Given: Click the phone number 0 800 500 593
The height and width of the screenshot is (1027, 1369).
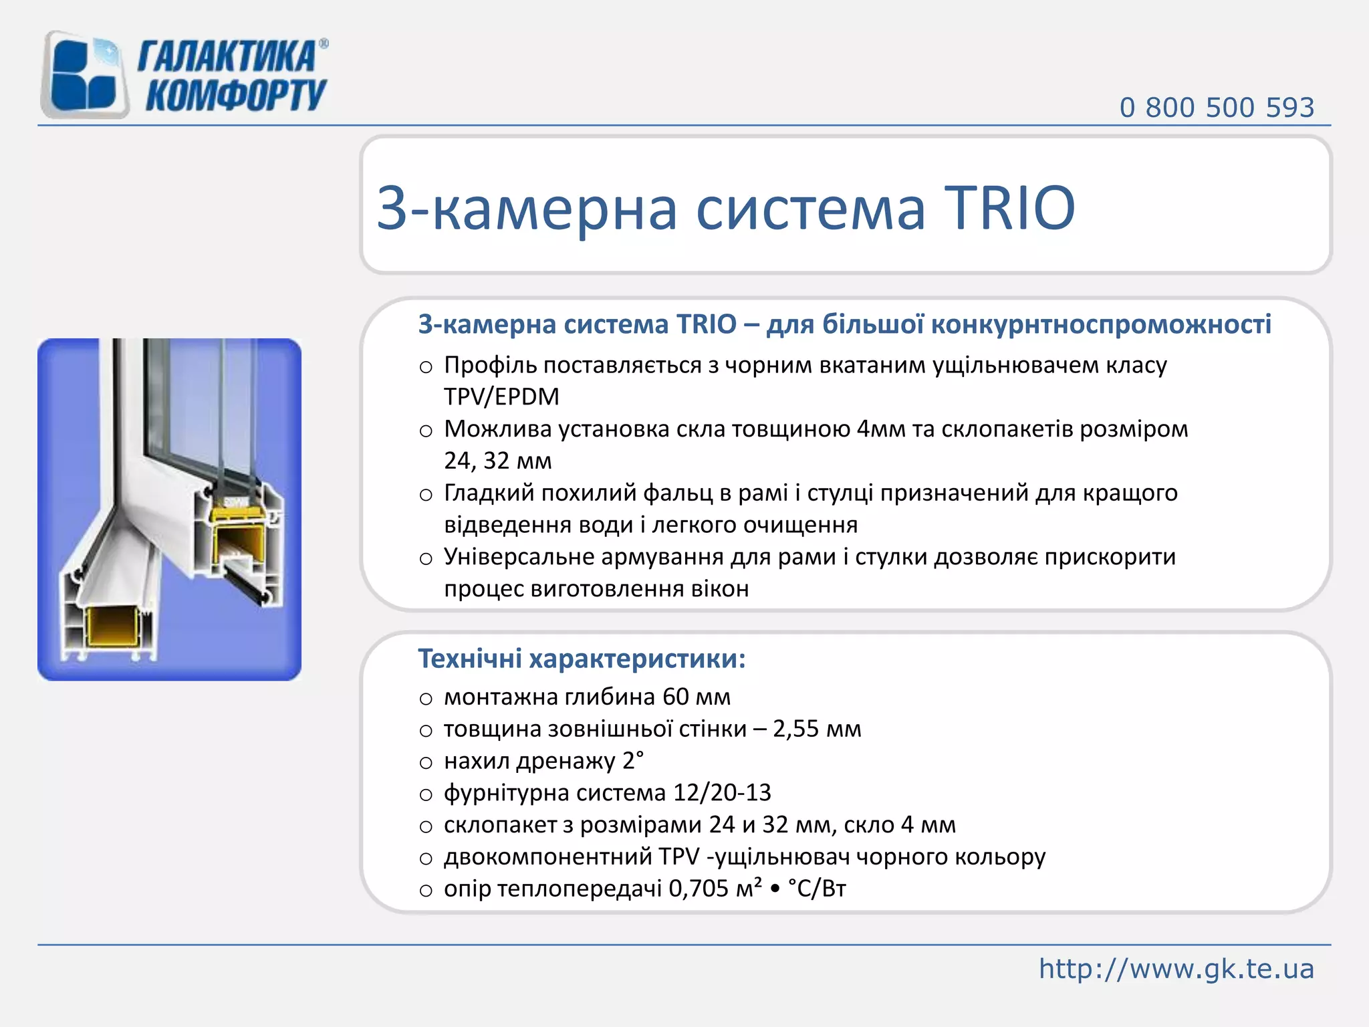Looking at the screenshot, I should (1217, 108).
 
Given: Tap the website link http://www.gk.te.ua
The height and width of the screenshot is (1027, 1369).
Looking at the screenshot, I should (1176, 969).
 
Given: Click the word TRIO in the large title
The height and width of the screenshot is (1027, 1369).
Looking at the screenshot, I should (1009, 208).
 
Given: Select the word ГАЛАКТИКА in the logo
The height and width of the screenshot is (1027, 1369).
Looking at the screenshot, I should (226, 56).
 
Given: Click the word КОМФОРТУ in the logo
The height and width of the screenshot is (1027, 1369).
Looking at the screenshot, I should (235, 96).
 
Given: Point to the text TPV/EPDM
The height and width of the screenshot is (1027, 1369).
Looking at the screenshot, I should (501, 397).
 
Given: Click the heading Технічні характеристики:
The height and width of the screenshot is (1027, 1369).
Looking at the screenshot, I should (582, 659).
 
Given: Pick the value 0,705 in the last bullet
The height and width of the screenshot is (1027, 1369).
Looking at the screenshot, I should (699, 889).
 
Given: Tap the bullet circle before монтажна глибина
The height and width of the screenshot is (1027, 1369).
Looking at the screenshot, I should (426, 699).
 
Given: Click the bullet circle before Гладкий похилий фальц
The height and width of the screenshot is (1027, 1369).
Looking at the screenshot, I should (426, 495).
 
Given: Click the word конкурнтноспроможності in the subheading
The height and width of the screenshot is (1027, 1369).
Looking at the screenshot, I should (1101, 325).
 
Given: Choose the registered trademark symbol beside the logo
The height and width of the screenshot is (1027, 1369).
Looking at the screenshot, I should (324, 44).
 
